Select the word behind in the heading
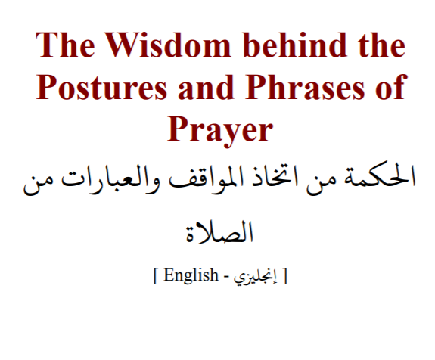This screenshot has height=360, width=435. (294, 45)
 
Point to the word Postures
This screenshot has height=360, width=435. (101, 87)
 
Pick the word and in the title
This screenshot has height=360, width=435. (206, 87)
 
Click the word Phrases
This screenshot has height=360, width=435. (305, 87)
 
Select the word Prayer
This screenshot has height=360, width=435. (221, 131)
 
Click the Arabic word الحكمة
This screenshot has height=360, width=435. (380, 179)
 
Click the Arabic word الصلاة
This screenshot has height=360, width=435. (219, 232)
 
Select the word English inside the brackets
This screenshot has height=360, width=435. (191, 275)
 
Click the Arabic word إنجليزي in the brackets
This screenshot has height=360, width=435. (255, 276)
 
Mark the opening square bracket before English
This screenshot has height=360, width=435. (155, 276)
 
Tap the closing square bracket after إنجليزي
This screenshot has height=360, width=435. (284, 276)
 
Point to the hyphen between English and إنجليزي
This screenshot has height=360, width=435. (226, 278)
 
